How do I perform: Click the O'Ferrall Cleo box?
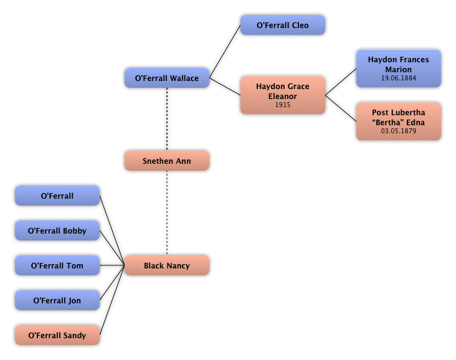[283, 26]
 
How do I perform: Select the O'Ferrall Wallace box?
[167, 78]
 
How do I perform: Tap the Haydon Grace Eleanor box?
[283, 95]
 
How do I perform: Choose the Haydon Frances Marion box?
[399, 69]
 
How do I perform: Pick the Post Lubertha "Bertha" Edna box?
[399, 121]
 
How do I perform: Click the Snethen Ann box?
[167, 161]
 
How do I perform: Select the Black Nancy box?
[167, 266]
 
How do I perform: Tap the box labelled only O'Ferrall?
[57, 196]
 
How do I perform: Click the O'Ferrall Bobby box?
[57, 231]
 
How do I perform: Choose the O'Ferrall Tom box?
[57, 266]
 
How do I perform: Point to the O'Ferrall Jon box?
[57, 301]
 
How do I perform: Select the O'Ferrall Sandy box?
[57, 336]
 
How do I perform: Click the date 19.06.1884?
[399, 78]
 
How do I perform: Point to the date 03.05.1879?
[399, 131]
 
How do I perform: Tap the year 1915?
[283, 105]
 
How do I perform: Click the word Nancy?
[178, 266]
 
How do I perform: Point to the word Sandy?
[75, 336]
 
